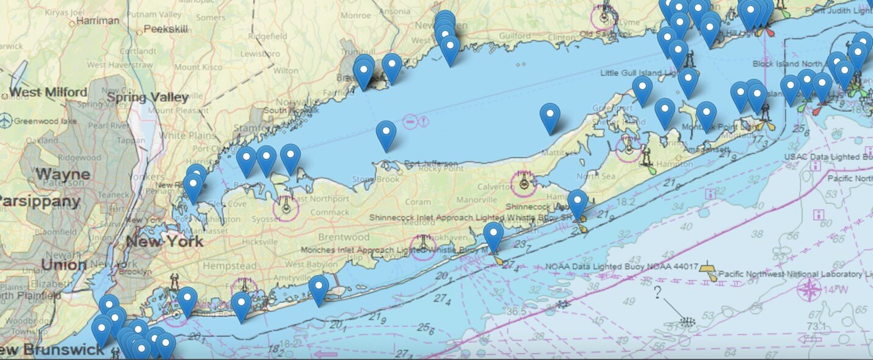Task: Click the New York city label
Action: (x=164, y=240)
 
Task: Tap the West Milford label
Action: (x=49, y=93)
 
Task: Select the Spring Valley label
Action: (x=147, y=97)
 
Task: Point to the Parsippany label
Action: (x=39, y=201)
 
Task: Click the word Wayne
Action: (x=62, y=174)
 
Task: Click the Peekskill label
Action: (x=164, y=29)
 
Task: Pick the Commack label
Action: (x=329, y=212)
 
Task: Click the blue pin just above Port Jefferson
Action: (x=386, y=134)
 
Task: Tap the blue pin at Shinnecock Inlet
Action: (x=577, y=203)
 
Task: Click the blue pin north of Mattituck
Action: (x=550, y=117)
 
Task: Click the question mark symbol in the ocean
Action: (x=657, y=293)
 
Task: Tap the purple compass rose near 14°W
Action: (x=810, y=289)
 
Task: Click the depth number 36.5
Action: (x=516, y=312)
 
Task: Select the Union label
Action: (x=63, y=265)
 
